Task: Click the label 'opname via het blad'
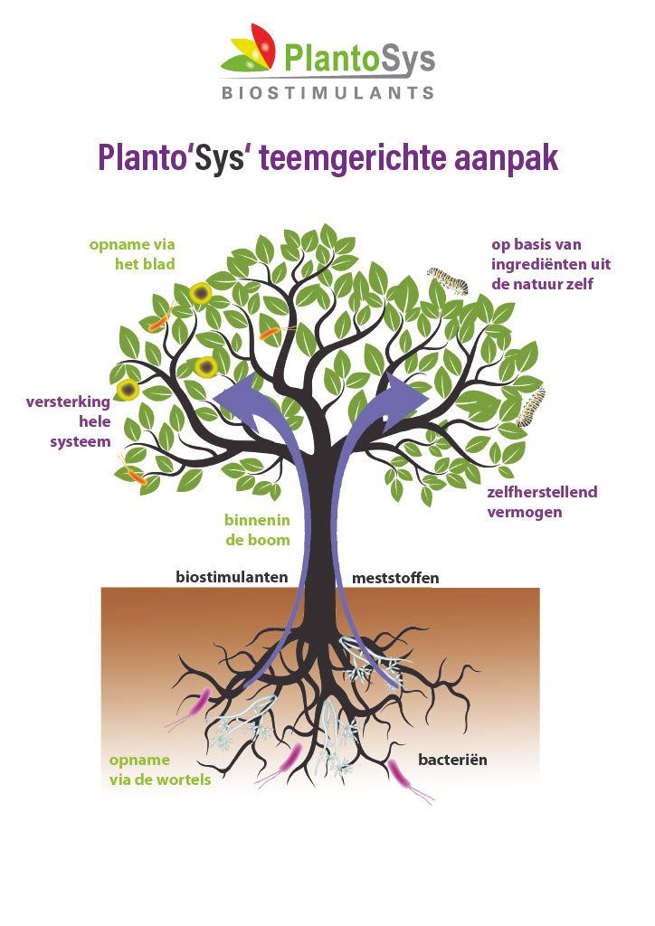(x=132, y=254)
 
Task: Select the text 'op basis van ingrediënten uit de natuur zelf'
(x=550, y=264)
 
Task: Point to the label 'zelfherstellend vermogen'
(x=541, y=502)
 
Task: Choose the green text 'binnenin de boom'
(x=257, y=530)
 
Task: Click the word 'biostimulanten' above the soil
(x=231, y=577)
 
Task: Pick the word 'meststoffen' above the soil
(x=394, y=578)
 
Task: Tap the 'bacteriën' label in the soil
(x=451, y=760)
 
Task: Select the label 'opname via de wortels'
(x=160, y=770)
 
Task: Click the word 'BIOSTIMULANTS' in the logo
(x=327, y=92)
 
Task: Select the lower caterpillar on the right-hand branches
(x=532, y=407)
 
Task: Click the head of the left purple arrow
(x=233, y=394)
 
